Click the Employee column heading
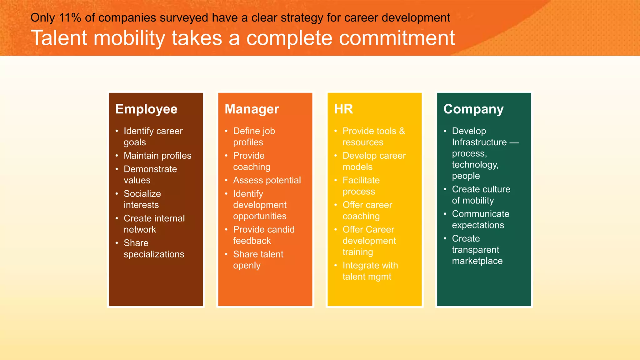(x=146, y=109)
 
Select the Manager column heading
(x=252, y=109)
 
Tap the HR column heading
(x=343, y=109)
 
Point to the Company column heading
(x=473, y=109)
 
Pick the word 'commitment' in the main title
(x=397, y=38)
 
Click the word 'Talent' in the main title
(x=59, y=38)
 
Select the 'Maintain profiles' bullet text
(x=157, y=156)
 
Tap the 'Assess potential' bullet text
(x=267, y=180)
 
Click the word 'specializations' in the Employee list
(x=154, y=254)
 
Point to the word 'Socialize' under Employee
(x=142, y=194)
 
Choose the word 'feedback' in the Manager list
(x=252, y=241)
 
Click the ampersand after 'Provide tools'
(x=402, y=131)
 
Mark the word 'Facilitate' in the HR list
(x=361, y=180)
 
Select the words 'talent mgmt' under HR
(x=367, y=277)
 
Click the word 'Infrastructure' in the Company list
(x=479, y=142)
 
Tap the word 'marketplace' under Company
(x=477, y=261)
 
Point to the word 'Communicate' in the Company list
(x=481, y=214)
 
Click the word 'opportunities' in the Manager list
(x=260, y=216)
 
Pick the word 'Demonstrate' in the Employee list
(x=150, y=169)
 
